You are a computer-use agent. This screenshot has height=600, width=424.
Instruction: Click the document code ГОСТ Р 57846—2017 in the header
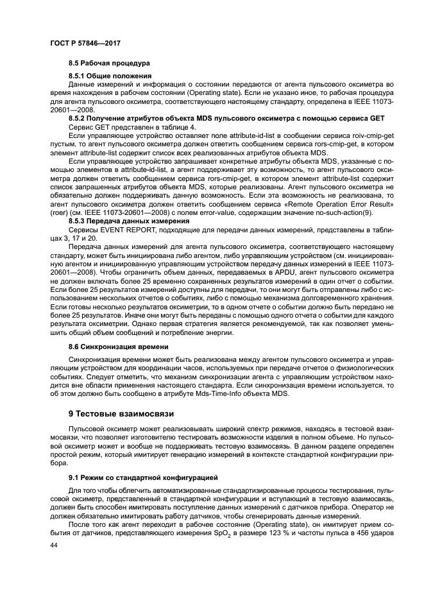click(85, 42)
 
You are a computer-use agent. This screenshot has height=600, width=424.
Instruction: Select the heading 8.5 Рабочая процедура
click(109, 64)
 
